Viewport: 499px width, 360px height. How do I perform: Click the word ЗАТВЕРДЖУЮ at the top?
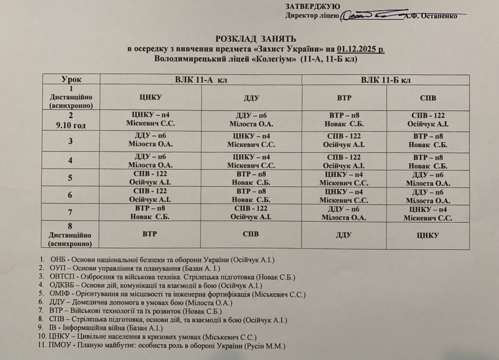[x=312, y=6]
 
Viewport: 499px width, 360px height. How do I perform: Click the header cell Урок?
[x=71, y=79]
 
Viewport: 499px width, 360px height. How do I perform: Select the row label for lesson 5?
[x=71, y=177]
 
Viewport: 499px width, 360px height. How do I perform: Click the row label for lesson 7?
[x=71, y=211]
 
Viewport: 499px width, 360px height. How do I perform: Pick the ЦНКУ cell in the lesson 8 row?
[x=427, y=235]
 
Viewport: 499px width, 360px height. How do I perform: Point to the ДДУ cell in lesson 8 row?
[x=344, y=235]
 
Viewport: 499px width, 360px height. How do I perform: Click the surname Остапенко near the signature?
[x=436, y=16]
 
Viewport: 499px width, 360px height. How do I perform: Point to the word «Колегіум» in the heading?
[x=271, y=59]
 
